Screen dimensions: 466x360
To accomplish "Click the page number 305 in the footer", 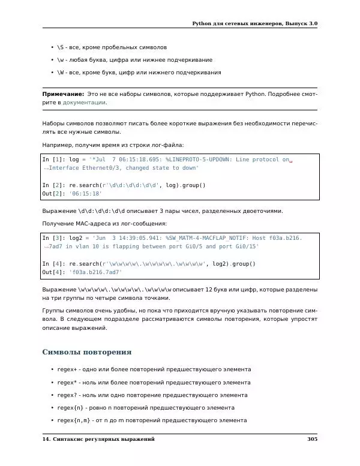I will coord(311,440).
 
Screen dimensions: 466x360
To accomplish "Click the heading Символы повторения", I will coord(87,352).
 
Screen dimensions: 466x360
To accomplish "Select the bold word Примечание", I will coord(62,94).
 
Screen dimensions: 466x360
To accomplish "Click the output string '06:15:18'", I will coord(86,194).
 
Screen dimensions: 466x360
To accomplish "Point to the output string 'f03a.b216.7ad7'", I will coord(96,272).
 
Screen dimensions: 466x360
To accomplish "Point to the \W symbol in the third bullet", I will coord(61,73).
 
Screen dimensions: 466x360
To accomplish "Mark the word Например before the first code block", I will coord(58,145).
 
